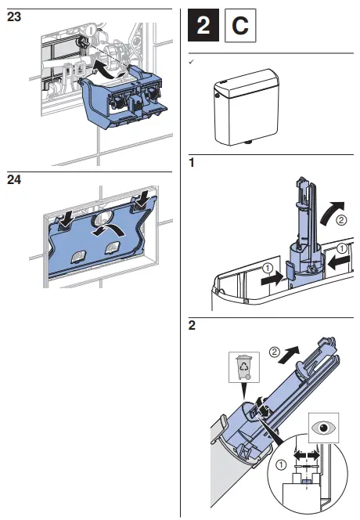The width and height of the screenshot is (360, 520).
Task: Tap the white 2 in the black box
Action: click(x=203, y=27)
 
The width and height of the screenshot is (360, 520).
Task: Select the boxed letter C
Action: click(x=240, y=27)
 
